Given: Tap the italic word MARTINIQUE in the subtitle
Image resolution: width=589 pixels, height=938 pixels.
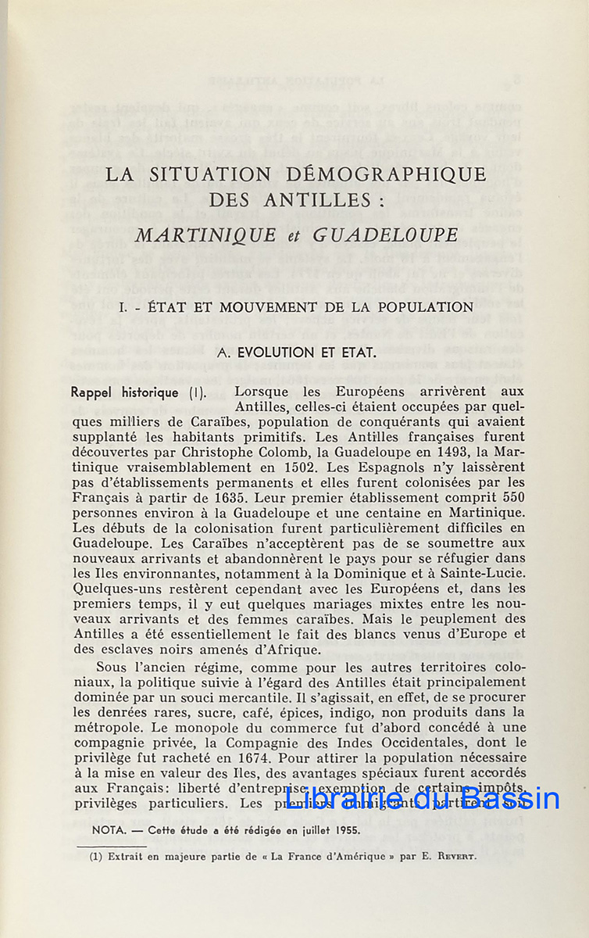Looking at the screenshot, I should click(x=205, y=234).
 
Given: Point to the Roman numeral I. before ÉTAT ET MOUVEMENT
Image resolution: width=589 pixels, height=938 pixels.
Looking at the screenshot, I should click(x=123, y=307).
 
